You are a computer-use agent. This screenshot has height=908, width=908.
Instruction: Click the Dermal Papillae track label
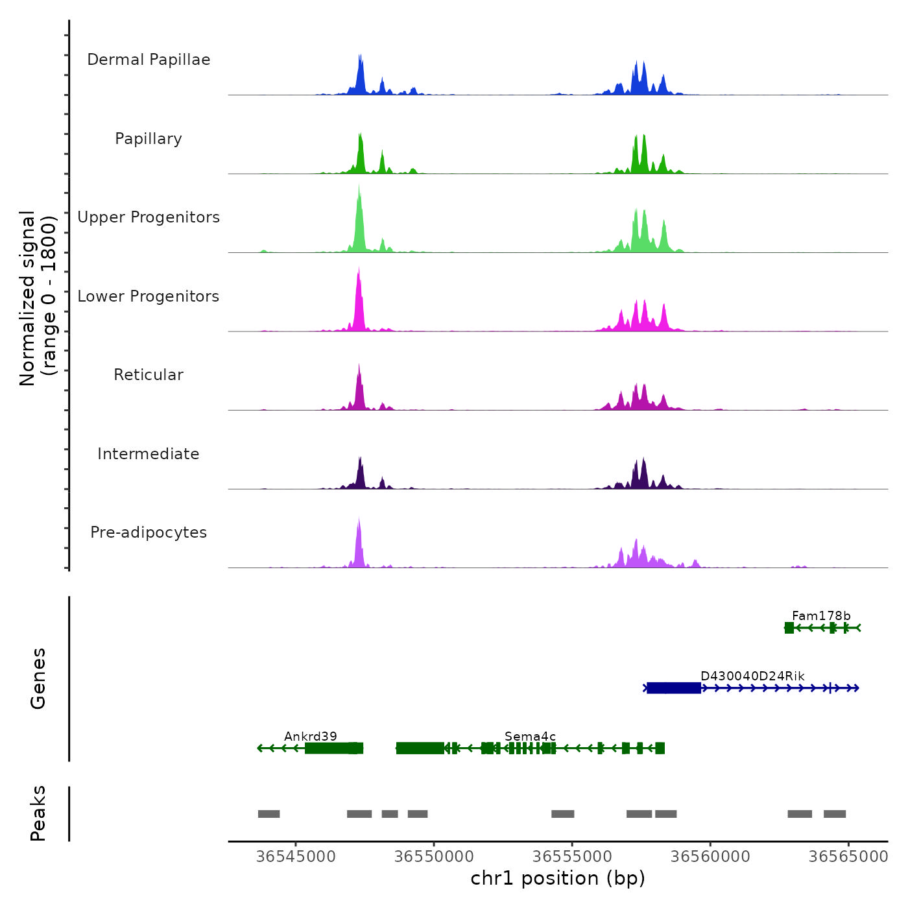[149, 60]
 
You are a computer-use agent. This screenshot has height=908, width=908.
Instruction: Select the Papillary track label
[149, 139]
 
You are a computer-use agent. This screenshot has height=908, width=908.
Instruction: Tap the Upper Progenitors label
[149, 217]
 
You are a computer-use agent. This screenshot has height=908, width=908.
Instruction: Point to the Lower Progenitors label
[149, 296]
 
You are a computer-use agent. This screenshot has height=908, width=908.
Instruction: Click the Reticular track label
[149, 375]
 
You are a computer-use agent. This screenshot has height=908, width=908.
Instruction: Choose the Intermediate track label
[149, 454]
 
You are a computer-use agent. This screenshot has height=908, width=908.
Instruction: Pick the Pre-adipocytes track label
[149, 532]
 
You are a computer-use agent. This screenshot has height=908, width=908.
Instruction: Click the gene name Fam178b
[821, 616]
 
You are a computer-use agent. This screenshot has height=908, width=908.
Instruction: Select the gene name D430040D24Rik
[752, 676]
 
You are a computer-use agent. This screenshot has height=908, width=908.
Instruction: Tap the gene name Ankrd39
[311, 736]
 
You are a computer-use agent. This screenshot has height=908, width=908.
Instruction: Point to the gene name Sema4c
[530, 736]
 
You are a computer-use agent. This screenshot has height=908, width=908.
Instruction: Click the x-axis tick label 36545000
[296, 857]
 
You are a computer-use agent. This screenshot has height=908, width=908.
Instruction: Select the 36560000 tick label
[710, 857]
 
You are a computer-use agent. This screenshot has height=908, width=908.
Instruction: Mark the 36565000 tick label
[848, 857]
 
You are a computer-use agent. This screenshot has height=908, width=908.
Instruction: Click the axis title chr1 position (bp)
[558, 878]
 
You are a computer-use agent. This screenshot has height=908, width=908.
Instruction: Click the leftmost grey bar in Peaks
[269, 814]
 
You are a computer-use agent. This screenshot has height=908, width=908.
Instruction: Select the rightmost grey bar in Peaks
[835, 814]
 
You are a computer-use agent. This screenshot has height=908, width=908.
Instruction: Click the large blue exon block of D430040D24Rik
[674, 688]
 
